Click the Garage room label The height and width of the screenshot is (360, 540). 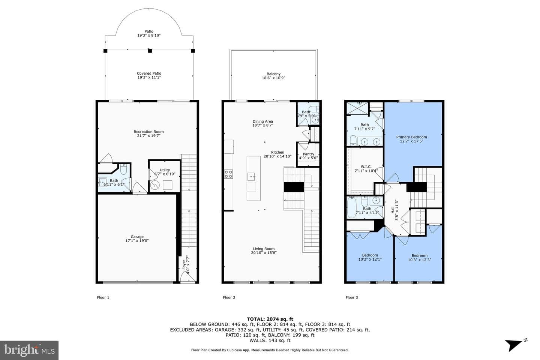(137, 237)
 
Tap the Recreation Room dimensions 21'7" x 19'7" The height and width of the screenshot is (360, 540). (148, 136)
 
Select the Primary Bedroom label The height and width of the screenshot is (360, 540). (411, 137)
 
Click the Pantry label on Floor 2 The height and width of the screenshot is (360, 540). (309, 154)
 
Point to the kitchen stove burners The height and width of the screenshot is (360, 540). (228, 174)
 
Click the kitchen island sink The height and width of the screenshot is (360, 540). (251, 177)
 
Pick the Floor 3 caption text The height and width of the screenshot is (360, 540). (352, 297)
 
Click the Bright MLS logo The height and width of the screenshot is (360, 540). (29, 350)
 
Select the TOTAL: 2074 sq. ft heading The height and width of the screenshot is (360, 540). (270, 319)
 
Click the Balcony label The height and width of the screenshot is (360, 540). (273, 74)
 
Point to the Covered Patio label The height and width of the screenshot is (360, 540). (149, 73)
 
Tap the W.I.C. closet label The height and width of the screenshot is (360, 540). (366, 166)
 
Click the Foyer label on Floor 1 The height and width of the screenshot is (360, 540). (184, 264)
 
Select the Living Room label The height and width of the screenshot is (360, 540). (264, 249)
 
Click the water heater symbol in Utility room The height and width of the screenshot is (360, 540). (155, 185)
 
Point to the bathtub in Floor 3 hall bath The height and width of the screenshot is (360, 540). (351, 207)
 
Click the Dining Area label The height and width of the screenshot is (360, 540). (263, 121)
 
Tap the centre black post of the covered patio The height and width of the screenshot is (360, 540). (150, 51)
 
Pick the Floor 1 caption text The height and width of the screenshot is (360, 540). (103, 297)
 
